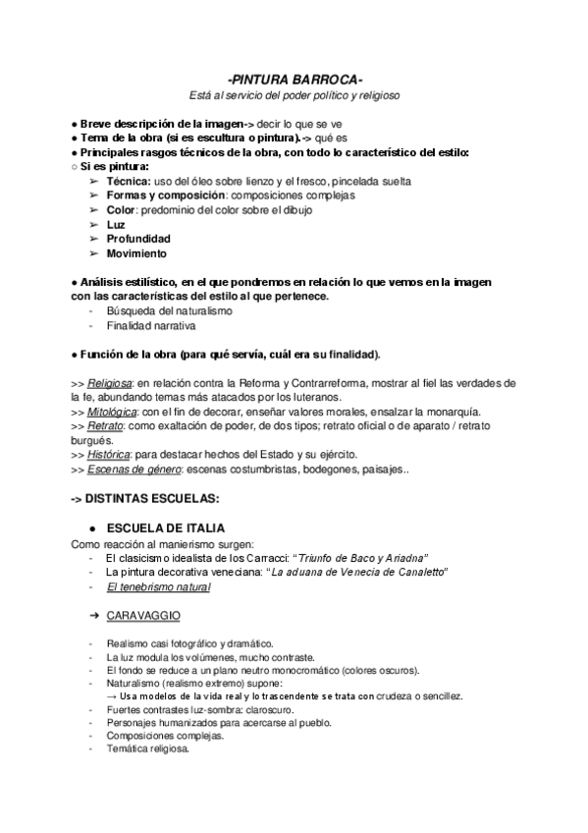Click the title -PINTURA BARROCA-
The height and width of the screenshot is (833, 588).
[x=294, y=79]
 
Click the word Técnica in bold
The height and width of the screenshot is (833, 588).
[x=129, y=182]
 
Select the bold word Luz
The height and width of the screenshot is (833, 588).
[x=116, y=224]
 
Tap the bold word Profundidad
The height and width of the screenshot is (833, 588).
[x=138, y=239]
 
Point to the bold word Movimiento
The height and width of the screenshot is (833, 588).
[x=136, y=253]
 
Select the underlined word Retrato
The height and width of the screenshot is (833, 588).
[x=104, y=426]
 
